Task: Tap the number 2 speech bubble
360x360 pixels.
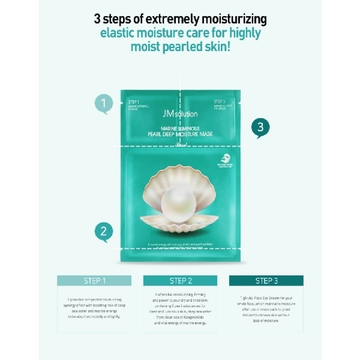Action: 104,232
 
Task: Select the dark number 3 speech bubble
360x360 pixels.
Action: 259,127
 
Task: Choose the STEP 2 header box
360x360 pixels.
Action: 180,280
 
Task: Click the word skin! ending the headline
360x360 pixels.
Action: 217,47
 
